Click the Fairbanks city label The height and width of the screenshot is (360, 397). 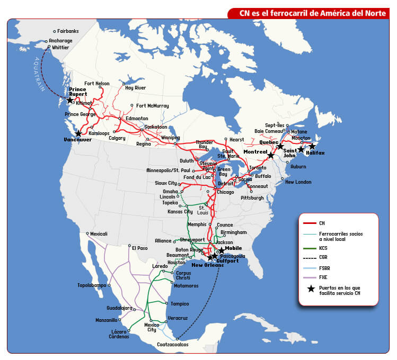(68, 31)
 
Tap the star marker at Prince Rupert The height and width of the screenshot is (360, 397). (69, 100)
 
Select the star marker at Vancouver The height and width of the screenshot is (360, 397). (78, 133)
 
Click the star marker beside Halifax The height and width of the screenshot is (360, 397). (312, 146)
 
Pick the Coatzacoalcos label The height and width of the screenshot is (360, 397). (172, 345)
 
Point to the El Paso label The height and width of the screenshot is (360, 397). (140, 248)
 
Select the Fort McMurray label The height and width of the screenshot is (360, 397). (153, 106)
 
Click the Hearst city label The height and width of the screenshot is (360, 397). (236, 139)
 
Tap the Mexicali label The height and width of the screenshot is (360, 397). (99, 233)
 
